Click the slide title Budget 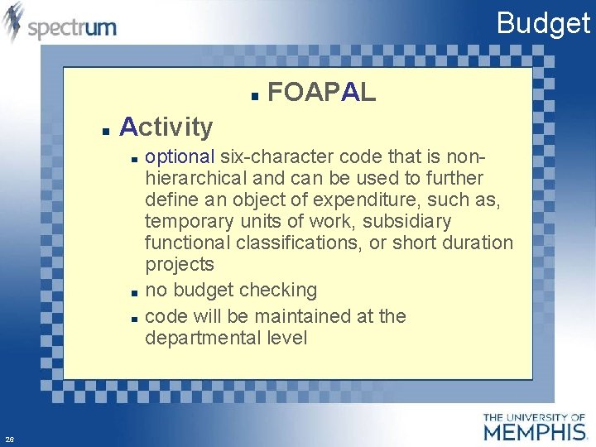tap(543, 23)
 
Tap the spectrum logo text tap(72, 28)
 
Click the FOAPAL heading tap(322, 93)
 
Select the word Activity tap(166, 127)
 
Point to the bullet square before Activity tap(105, 130)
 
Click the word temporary tap(188, 222)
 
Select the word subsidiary tap(409, 222)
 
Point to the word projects tap(180, 265)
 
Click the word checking tap(278, 291)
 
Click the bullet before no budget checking tap(133, 292)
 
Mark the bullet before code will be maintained tap(133, 318)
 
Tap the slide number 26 tap(8, 440)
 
